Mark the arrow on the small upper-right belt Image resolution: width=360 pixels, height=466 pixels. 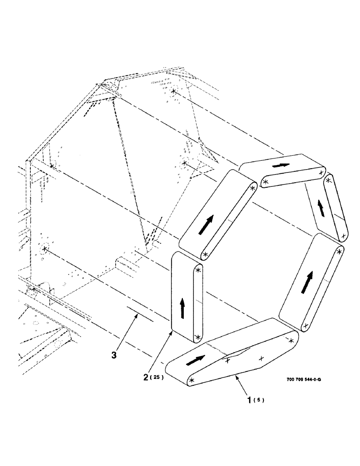pos(321,208)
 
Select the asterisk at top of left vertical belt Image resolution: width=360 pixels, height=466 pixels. pos(199,270)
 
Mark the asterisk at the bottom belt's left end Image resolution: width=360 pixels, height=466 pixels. pos(192,381)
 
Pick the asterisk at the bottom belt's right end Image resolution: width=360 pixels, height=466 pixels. pos(292,341)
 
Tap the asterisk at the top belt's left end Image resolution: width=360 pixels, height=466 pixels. pos(265,182)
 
